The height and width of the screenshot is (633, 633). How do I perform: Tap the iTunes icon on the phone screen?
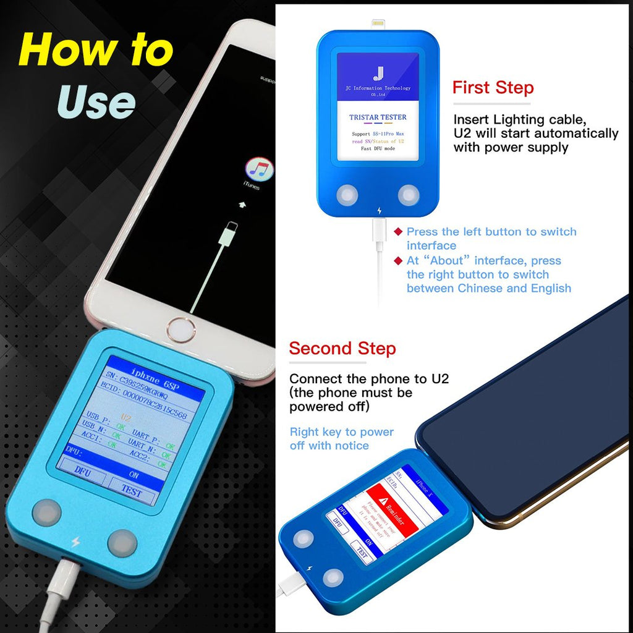coord(260,169)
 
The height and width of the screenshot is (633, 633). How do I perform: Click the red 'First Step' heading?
coord(493,87)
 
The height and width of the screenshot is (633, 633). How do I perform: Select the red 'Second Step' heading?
coord(342,348)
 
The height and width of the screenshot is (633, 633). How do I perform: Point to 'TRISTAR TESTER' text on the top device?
coord(378,117)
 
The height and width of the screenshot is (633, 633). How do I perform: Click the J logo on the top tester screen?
coord(378,73)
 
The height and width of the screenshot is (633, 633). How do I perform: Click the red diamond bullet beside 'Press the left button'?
coord(398,232)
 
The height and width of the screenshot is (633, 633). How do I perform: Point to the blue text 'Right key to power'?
coord(342,431)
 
